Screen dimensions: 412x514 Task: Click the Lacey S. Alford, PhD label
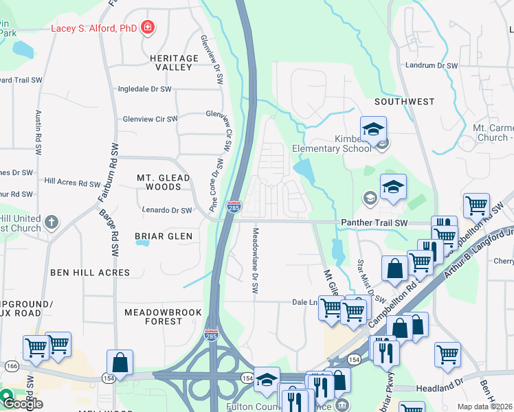click(93, 27)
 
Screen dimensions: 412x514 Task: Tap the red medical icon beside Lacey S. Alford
click(147, 27)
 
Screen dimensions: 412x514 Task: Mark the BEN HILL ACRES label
click(90, 273)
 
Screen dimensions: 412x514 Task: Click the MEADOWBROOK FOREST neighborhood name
click(163, 317)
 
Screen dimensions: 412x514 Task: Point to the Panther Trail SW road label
click(375, 223)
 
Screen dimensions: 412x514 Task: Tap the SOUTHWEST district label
click(404, 102)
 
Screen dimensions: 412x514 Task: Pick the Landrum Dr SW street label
click(431, 66)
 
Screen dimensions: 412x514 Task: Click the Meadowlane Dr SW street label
click(255, 261)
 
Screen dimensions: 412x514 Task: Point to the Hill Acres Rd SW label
click(72, 183)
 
